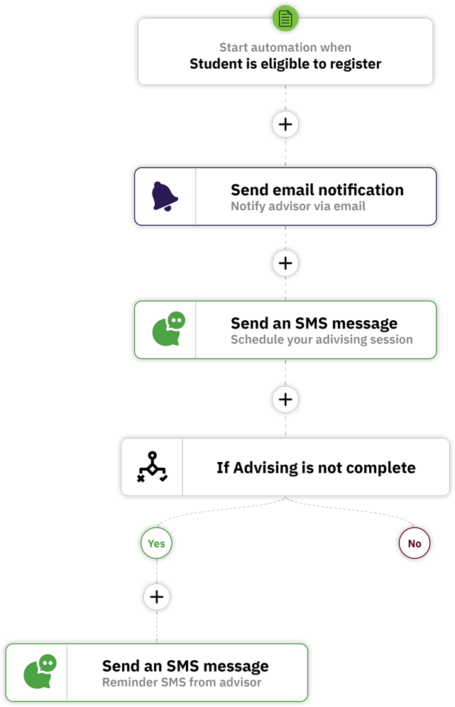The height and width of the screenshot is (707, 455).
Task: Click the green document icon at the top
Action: tap(285, 18)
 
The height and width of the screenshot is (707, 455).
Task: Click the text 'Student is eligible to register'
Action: tap(285, 64)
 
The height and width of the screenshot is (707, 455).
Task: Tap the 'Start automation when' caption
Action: tap(285, 48)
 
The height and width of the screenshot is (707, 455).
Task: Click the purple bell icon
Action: tap(165, 196)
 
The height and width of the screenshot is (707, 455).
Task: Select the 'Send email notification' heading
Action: tap(317, 190)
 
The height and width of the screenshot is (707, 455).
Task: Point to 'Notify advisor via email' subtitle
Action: tap(298, 206)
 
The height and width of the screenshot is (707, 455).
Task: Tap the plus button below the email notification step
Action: tap(285, 263)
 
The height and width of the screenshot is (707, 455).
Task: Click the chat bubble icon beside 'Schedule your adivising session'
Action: tap(169, 329)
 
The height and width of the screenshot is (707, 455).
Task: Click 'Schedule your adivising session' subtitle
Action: tap(322, 339)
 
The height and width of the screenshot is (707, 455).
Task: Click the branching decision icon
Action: tap(153, 466)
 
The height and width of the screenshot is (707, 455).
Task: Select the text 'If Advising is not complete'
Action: tap(316, 468)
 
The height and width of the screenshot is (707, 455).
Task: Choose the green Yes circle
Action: tap(156, 543)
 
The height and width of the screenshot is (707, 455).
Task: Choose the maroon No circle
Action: tap(415, 543)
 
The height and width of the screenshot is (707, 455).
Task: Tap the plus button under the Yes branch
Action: tap(157, 596)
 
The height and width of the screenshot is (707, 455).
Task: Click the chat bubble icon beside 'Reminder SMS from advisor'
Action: tap(40, 672)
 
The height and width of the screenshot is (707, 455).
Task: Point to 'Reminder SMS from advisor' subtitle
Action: tap(182, 682)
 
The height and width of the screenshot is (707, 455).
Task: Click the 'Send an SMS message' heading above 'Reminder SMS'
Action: tap(185, 666)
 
